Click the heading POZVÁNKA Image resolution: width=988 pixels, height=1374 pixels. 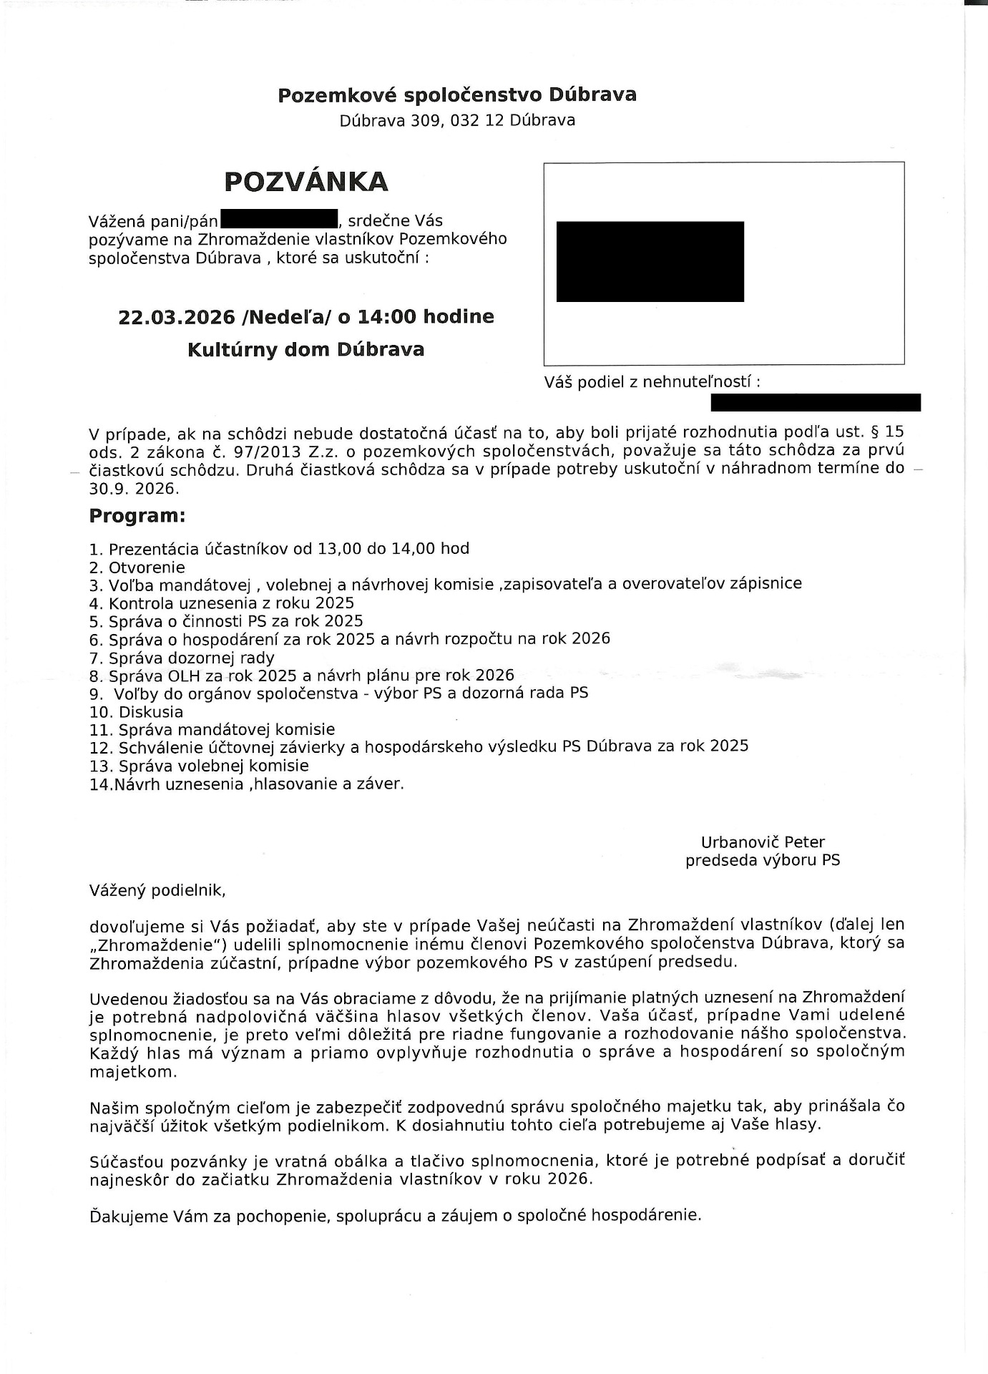pos(306,182)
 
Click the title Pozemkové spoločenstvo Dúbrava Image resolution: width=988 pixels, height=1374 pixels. pos(457,95)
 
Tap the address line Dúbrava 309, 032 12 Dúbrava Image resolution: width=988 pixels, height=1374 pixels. pos(457,120)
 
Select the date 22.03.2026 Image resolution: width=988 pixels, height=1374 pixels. pos(177,316)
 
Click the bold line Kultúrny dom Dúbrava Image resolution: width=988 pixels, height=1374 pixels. pos(305,350)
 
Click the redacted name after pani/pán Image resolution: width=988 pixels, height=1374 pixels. pos(279,219)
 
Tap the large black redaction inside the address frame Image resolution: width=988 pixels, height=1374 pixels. pos(650,261)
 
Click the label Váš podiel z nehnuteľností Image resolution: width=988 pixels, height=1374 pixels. pos(651,382)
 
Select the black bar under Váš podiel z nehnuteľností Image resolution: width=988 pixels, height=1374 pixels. pos(815,402)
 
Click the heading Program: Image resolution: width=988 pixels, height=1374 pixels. pos(137,516)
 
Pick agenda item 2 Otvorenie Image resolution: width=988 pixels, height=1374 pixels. pos(137,568)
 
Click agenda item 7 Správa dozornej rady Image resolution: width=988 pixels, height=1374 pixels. pos(182,658)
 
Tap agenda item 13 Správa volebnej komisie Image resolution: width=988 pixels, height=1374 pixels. pos(199,766)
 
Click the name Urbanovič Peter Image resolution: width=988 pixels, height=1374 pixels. pos(763,842)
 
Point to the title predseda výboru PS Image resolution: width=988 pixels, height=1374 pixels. pos(763,860)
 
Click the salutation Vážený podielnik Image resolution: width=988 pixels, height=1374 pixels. pos(157,891)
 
